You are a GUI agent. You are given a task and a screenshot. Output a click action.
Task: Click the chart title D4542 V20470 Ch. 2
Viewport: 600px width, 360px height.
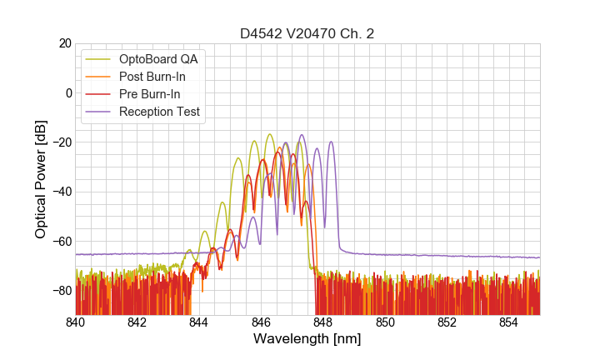click(x=307, y=34)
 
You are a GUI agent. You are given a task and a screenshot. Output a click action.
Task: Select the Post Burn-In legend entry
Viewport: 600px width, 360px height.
click(x=163, y=77)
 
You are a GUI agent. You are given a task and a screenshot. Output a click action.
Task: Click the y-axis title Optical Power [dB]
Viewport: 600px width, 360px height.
click(x=41, y=179)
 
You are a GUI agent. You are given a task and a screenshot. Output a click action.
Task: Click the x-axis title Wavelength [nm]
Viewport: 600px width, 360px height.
click(x=307, y=339)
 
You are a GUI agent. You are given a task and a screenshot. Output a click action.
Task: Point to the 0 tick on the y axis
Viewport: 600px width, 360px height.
click(x=68, y=92)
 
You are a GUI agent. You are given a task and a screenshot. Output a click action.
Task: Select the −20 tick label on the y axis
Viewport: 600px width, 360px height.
click(x=62, y=142)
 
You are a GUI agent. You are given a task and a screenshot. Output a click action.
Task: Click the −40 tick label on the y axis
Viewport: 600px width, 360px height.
click(x=62, y=192)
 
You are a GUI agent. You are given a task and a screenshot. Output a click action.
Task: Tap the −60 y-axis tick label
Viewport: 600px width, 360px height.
click(x=62, y=241)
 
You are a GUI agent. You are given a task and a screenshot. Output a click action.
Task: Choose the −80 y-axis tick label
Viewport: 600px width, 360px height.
click(x=62, y=290)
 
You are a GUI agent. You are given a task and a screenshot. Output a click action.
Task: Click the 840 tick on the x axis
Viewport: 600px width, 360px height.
click(x=76, y=322)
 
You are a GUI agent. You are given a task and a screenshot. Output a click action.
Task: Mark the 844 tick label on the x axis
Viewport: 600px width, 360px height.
click(x=199, y=322)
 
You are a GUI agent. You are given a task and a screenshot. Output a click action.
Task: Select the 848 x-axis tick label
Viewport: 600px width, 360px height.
click(x=323, y=322)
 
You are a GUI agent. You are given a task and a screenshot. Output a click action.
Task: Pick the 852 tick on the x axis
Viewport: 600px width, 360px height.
click(x=447, y=322)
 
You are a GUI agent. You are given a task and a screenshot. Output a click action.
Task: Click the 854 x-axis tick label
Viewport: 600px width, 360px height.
click(x=508, y=322)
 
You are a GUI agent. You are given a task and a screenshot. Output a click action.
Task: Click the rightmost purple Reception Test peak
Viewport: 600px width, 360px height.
click(x=332, y=142)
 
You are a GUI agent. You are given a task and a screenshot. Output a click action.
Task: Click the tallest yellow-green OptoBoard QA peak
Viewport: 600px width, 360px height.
click(x=269, y=134)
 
